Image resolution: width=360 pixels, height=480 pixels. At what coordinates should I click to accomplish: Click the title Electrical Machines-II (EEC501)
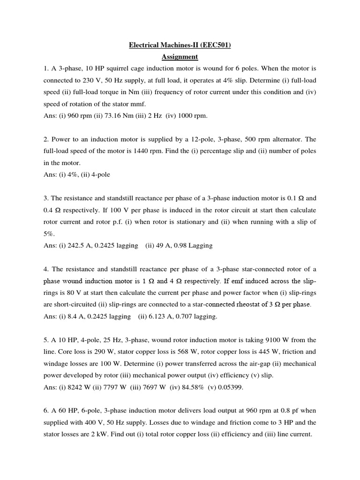point(180,45)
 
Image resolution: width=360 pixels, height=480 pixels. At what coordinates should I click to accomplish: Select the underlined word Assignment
point(180,57)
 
